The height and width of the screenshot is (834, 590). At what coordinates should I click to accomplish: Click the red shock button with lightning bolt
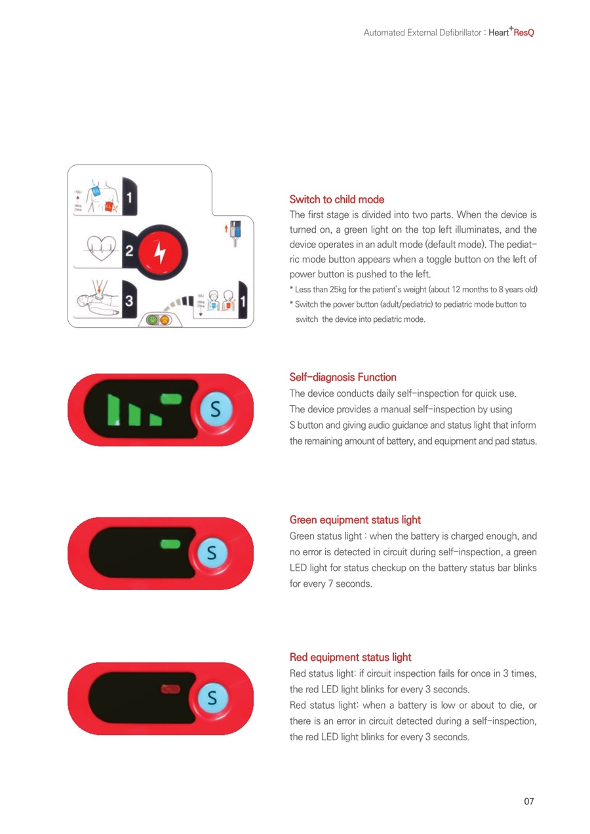160,252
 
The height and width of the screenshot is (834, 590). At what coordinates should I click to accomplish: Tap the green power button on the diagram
152,320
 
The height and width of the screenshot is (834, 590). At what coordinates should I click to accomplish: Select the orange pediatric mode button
164,320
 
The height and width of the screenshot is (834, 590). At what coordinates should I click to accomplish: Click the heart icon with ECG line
101,248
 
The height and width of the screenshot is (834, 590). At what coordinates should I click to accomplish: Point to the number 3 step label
128,300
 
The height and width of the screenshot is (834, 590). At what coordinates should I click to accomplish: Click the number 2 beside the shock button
128,250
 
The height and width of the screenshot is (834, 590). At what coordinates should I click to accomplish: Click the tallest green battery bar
113,410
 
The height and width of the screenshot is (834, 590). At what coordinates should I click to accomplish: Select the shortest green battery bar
155,420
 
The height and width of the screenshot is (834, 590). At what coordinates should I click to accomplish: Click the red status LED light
170,689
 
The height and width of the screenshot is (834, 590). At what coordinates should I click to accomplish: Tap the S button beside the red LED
212,698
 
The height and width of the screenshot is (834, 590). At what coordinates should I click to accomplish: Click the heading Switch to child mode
336,199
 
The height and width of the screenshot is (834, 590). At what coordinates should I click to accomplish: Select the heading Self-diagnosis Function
343,377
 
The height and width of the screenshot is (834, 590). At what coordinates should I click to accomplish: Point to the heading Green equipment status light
355,520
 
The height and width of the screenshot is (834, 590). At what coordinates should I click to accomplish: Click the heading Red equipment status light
350,657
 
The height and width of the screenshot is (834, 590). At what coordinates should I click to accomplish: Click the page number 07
528,801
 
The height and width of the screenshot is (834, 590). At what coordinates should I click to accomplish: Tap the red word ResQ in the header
524,33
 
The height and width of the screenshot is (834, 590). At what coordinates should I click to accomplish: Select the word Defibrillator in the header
460,33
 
